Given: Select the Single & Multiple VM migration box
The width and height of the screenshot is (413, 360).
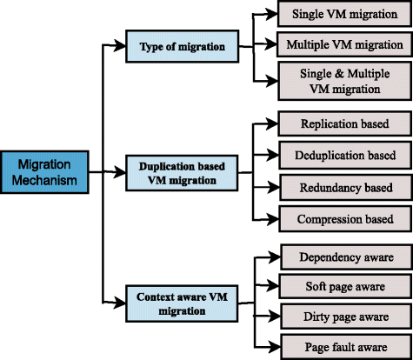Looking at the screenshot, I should (344, 80).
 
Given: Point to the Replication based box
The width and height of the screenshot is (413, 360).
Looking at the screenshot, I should (344, 125).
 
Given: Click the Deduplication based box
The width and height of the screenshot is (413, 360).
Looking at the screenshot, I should (344, 156).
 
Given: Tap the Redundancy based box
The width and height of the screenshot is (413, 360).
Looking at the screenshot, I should (344, 187).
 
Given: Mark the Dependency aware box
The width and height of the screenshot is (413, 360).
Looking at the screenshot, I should (344, 257).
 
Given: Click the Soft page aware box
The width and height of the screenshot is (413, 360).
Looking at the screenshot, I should (344, 286).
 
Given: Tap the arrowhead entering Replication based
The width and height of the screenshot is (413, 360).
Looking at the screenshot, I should (276, 125).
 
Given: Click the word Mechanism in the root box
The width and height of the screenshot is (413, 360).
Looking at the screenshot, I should (43, 181).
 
